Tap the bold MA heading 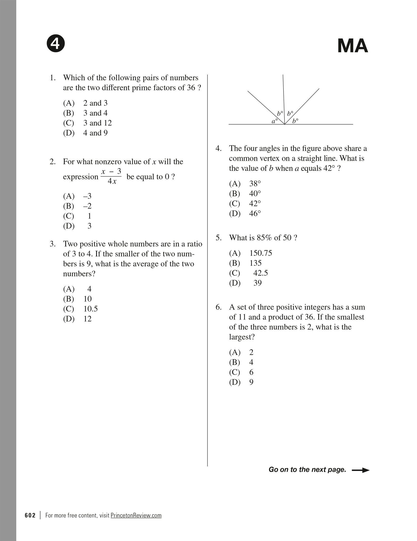[x=352, y=46]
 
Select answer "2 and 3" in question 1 [x=95, y=103]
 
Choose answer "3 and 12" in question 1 [x=97, y=123]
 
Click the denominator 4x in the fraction [x=112, y=181]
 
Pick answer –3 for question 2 [x=87, y=196]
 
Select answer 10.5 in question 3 [x=91, y=309]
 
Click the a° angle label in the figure [x=275, y=121]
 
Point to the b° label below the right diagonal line [x=295, y=121]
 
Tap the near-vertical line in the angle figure [x=284, y=97]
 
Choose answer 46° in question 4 [x=255, y=214]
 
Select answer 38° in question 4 [x=255, y=184]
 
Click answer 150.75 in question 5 [x=261, y=253]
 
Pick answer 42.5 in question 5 [x=260, y=273]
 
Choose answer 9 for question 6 [x=251, y=382]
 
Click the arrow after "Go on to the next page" [x=360, y=470]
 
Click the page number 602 [x=30, y=515]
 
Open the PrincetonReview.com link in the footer [x=136, y=515]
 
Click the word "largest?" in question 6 [x=242, y=337]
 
